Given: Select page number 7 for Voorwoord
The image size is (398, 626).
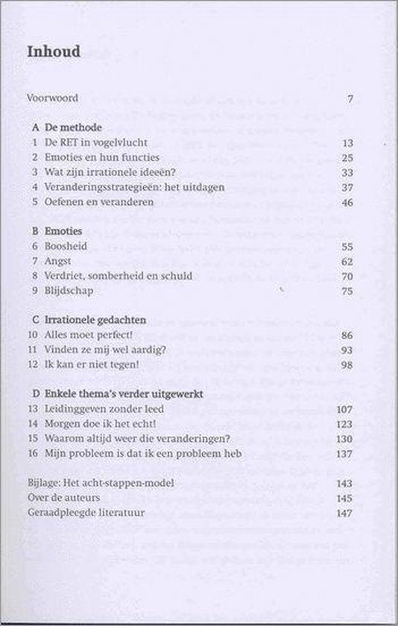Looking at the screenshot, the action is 350,98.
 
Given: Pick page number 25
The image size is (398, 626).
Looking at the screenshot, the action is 347,157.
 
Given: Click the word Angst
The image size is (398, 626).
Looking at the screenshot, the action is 57,261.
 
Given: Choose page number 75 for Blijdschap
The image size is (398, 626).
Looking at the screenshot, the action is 347,291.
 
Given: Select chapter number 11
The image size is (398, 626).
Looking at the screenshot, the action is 32,350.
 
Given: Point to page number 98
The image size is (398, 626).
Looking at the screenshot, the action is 347,364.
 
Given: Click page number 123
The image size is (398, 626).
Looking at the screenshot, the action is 345,424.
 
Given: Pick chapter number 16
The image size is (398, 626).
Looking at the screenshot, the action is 32,453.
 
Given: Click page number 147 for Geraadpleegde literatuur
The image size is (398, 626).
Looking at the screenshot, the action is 344,513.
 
